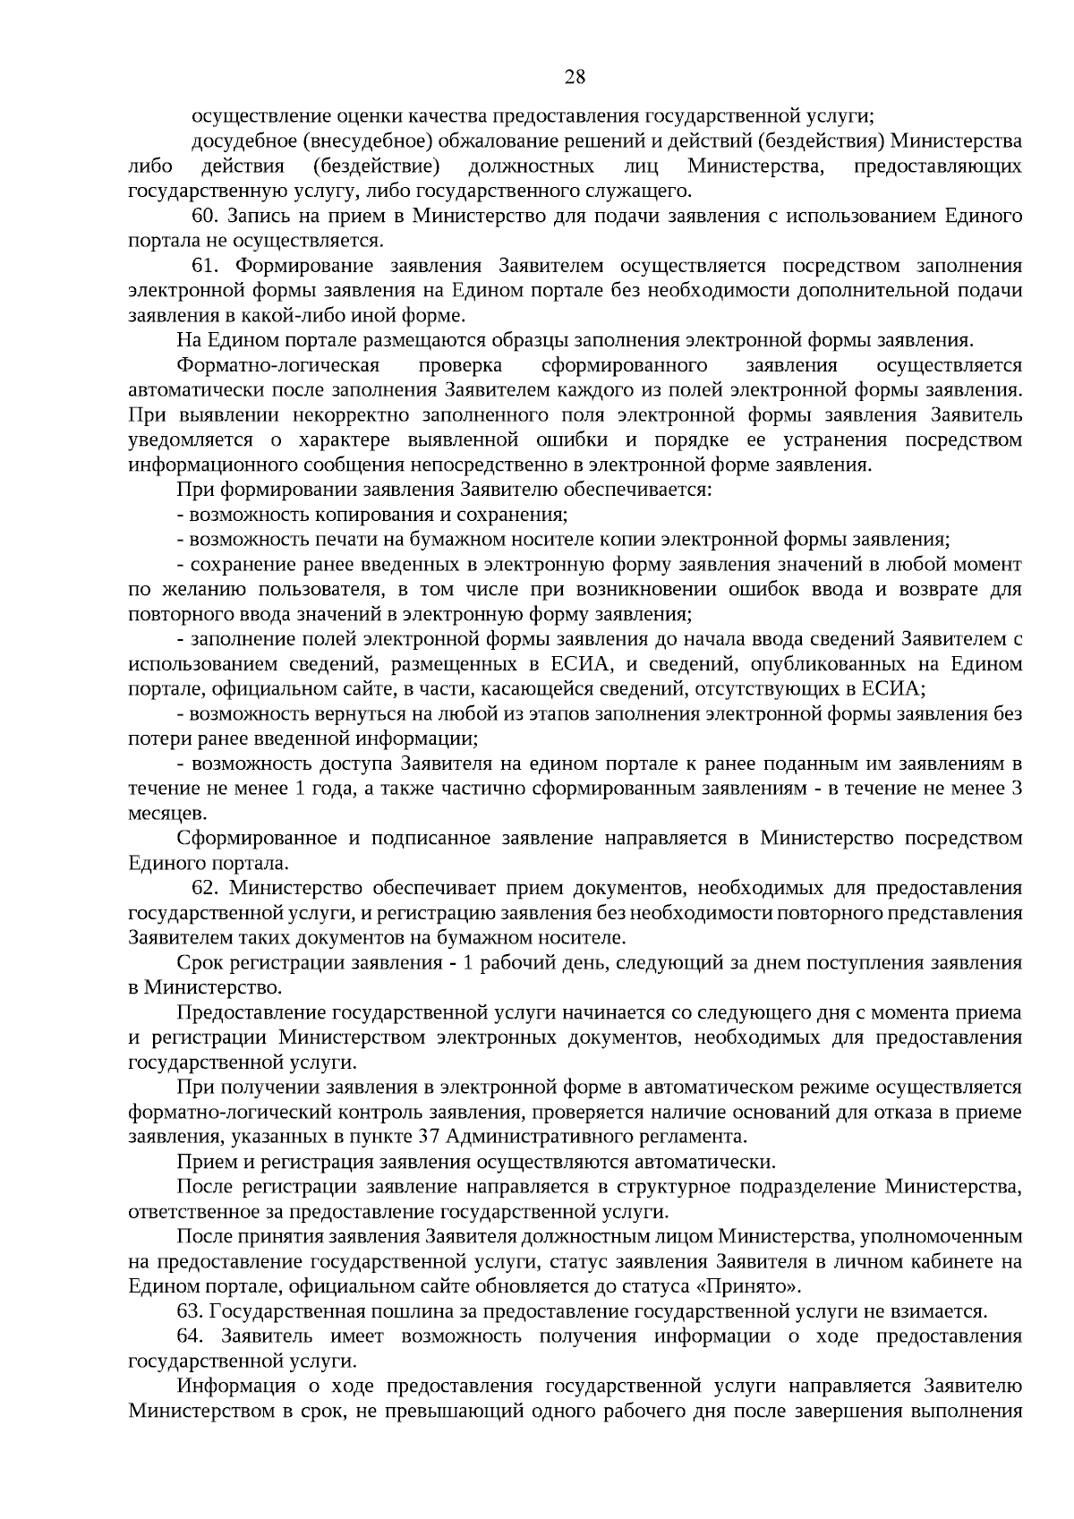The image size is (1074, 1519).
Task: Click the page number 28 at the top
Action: (575, 77)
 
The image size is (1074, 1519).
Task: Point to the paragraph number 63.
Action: (191, 1311)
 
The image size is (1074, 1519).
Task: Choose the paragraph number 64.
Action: (191, 1336)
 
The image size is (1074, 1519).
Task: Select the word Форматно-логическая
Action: (278, 365)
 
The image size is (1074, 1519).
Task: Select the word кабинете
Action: (940, 1262)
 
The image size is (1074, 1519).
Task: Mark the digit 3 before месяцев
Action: (1016, 789)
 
